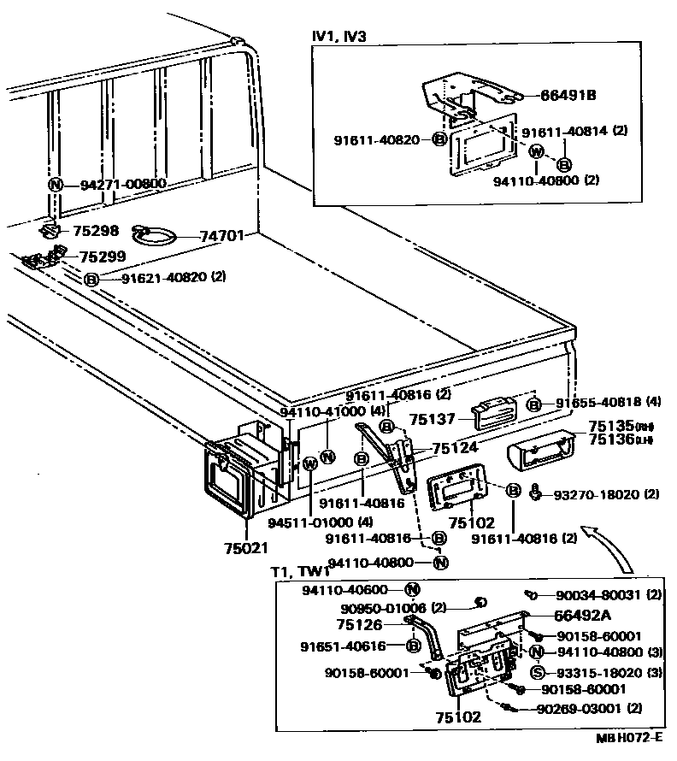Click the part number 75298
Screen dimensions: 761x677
pos(97,231)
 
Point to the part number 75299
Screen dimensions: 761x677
pos(102,256)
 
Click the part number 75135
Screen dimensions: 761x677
pos(608,426)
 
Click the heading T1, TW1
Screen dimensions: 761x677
pos(299,572)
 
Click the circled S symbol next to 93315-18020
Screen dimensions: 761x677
pos(538,671)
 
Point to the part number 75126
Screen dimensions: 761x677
pos(360,624)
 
